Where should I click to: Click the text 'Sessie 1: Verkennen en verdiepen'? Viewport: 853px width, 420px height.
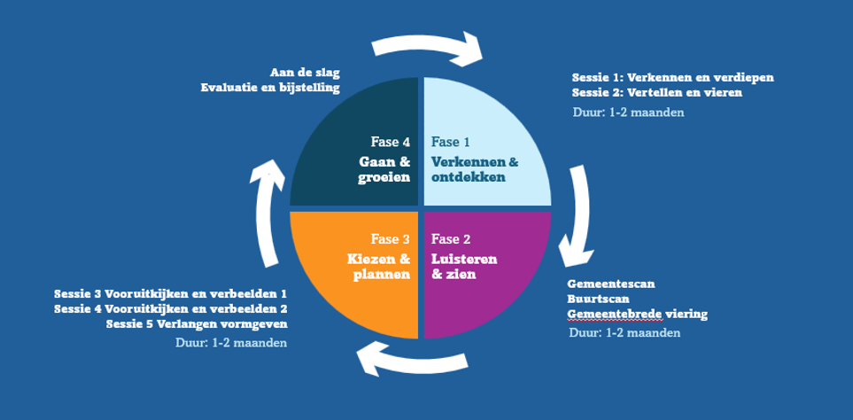pos(673,77)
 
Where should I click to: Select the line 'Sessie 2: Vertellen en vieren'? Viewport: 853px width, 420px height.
pos(657,92)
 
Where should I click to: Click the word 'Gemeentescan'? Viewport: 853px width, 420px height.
pos(611,284)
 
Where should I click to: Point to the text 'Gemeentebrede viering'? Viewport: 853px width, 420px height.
pos(638,314)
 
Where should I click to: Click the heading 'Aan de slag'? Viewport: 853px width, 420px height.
pos(304,72)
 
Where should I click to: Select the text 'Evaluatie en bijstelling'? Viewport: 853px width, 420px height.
pos(269,87)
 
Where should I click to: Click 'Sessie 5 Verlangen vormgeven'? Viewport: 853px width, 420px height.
pos(196,323)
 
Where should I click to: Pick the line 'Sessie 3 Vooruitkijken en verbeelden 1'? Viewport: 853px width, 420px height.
pos(170,293)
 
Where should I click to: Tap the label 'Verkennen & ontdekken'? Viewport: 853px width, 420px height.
pos(475,169)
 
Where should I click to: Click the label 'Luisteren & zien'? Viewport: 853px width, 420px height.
pos(464,266)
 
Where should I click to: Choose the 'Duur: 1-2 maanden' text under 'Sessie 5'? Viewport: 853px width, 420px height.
pos(231,343)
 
